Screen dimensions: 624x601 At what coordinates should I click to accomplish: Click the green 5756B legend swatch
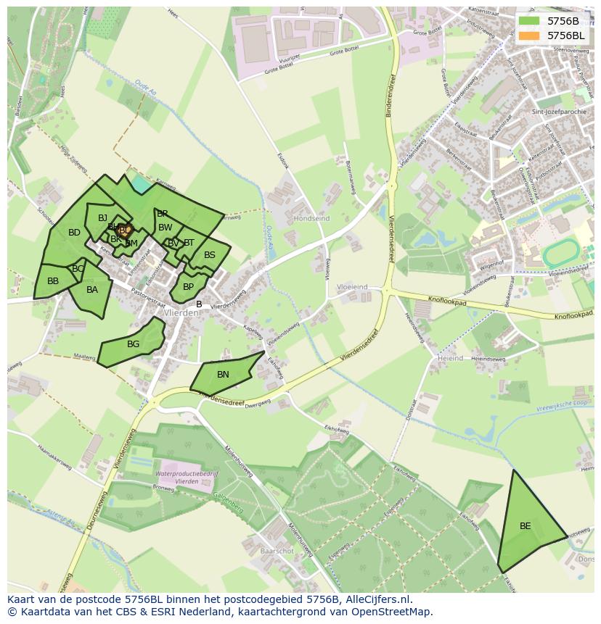click(x=529, y=20)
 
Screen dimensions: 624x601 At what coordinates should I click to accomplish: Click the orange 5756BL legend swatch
click(x=529, y=35)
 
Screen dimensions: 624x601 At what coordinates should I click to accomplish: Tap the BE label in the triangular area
click(x=525, y=526)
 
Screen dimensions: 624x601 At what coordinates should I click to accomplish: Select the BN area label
click(x=223, y=375)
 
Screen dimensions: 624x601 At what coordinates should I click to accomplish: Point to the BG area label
click(x=133, y=344)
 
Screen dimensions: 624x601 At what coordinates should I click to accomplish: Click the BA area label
click(x=92, y=290)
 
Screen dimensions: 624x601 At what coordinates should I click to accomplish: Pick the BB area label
click(x=53, y=281)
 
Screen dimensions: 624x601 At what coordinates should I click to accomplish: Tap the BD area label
click(x=74, y=233)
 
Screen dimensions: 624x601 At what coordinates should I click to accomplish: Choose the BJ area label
click(x=102, y=218)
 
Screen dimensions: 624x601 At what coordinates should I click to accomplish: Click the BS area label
click(x=210, y=255)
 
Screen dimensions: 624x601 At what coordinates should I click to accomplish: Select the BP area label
click(x=188, y=287)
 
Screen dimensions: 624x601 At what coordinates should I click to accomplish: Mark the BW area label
click(x=165, y=228)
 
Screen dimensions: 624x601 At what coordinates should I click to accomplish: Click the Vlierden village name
click(x=181, y=313)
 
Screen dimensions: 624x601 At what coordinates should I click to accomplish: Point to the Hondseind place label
click(x=311, y=218)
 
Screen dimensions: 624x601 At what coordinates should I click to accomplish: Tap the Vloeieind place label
click(x=353, y=287)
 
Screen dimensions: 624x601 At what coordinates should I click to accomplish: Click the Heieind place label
click(x=450, y=358)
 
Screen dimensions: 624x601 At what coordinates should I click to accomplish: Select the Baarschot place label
click(x=277, y=551)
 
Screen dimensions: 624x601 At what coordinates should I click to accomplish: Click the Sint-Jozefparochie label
click(x=557, y=112)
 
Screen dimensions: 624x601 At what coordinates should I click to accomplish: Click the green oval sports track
click(x=561, y=252)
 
